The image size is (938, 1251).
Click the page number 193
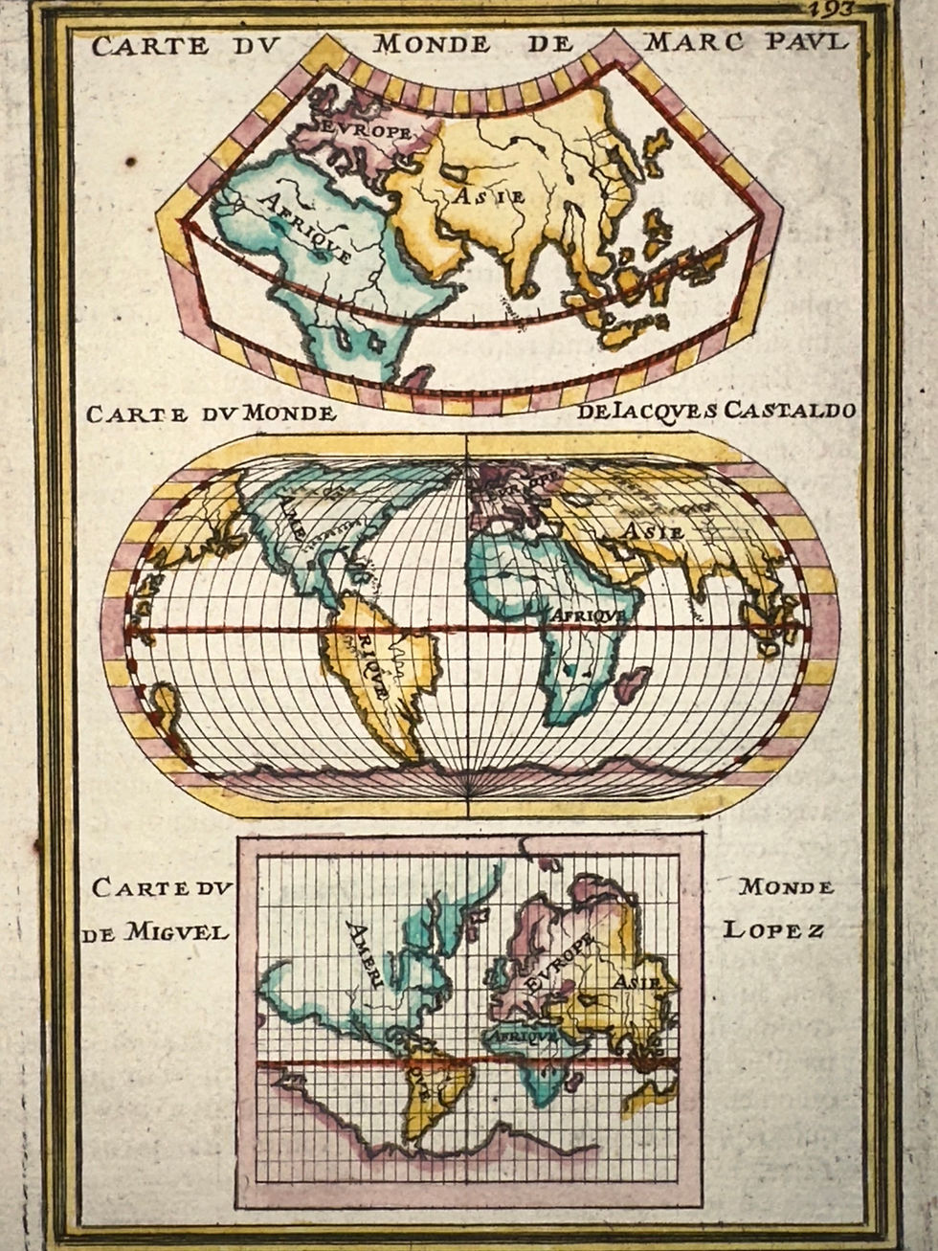(830, 10)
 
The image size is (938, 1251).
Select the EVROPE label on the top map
(367, 129)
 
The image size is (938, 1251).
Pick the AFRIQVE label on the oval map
(587, 615)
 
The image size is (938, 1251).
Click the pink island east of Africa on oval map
(633, 683)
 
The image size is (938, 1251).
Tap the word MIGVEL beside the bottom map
(175, 931)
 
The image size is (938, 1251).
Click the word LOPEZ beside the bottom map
(773, 929)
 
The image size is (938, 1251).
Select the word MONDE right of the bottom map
(786, 886)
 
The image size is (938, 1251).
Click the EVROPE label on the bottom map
(558, 964)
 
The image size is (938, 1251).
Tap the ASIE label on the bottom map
(633, 981)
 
